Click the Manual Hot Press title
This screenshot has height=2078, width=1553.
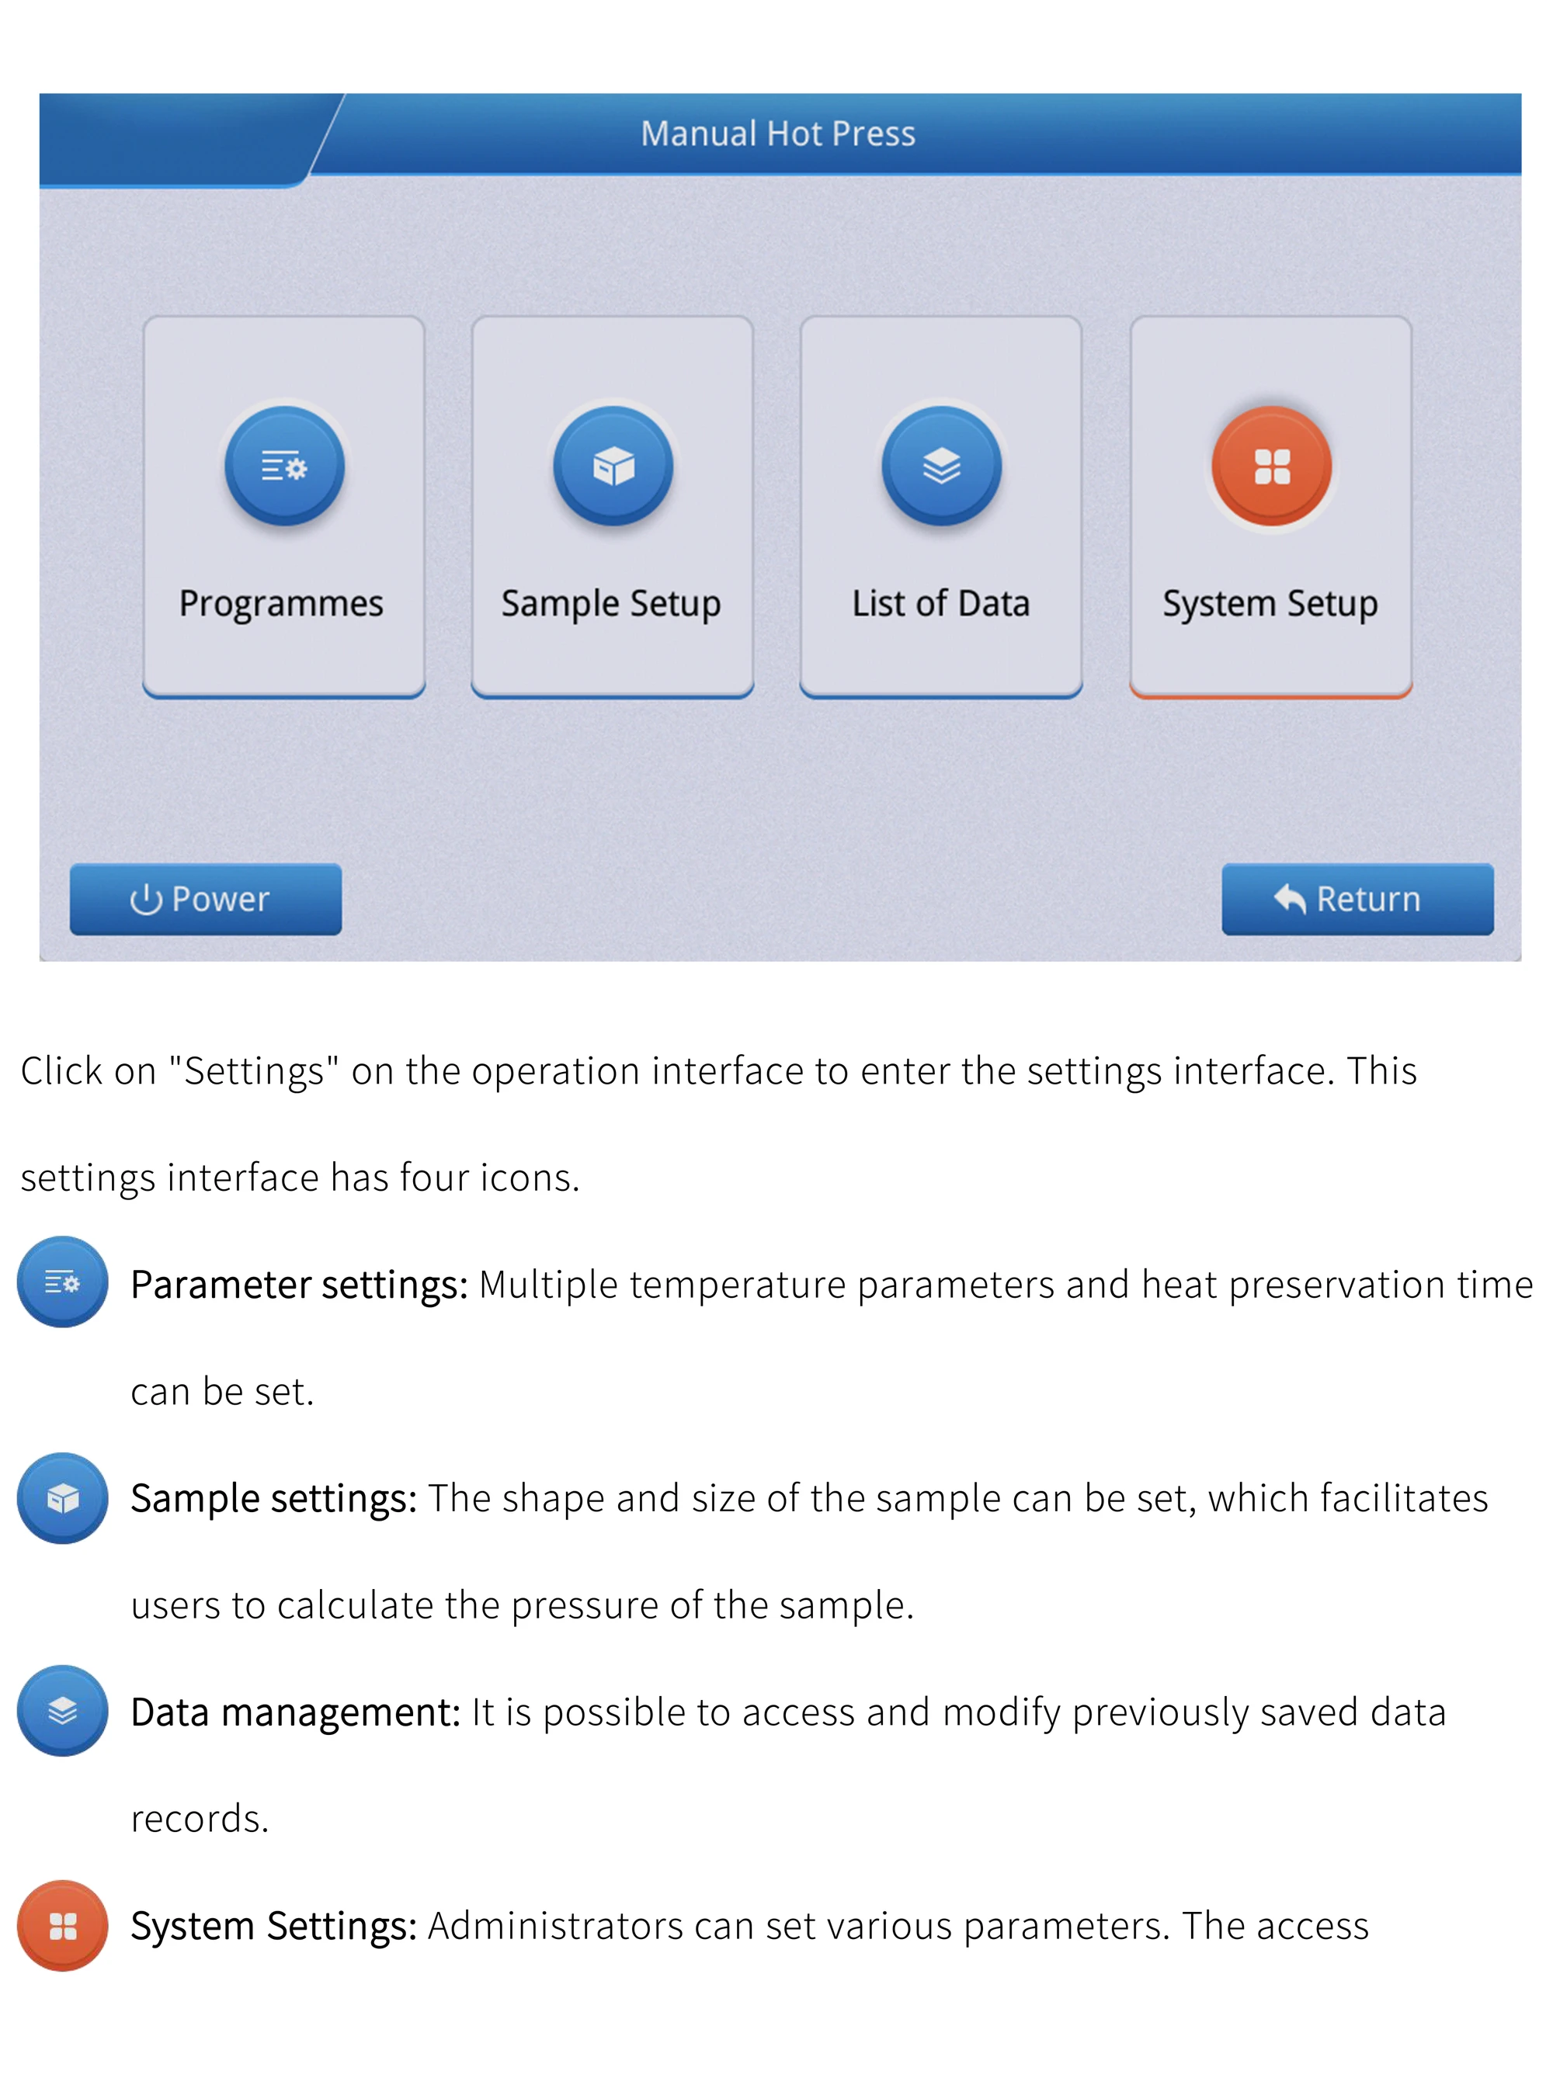click(x=777, y=134)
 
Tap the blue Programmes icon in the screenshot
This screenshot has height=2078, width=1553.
click(x=283, y=465)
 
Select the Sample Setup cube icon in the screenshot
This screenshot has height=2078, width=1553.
click(x=613, y=465)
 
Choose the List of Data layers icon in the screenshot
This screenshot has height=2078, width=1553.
click(x=941, y=465)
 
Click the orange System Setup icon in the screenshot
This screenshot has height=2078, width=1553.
click(x=1271, y=465)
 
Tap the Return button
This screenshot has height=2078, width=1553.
click(x=1357, y=899)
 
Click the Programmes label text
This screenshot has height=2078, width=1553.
click(x=281, y=604)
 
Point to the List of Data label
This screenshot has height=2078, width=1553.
click(x=940, y=603)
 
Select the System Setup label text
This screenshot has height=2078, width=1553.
click(x=1270, y=604)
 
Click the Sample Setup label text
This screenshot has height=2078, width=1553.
click(x=610, y=604)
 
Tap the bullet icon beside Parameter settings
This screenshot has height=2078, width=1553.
click(x=62, y=1282)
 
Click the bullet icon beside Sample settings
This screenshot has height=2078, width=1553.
click(x=62, y=1497)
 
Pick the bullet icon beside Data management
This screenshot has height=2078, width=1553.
click(x=62, y=1711)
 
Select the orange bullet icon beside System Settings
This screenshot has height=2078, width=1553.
click(x=62, y=1926)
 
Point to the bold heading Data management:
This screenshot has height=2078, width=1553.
click(x=295, y=1712)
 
